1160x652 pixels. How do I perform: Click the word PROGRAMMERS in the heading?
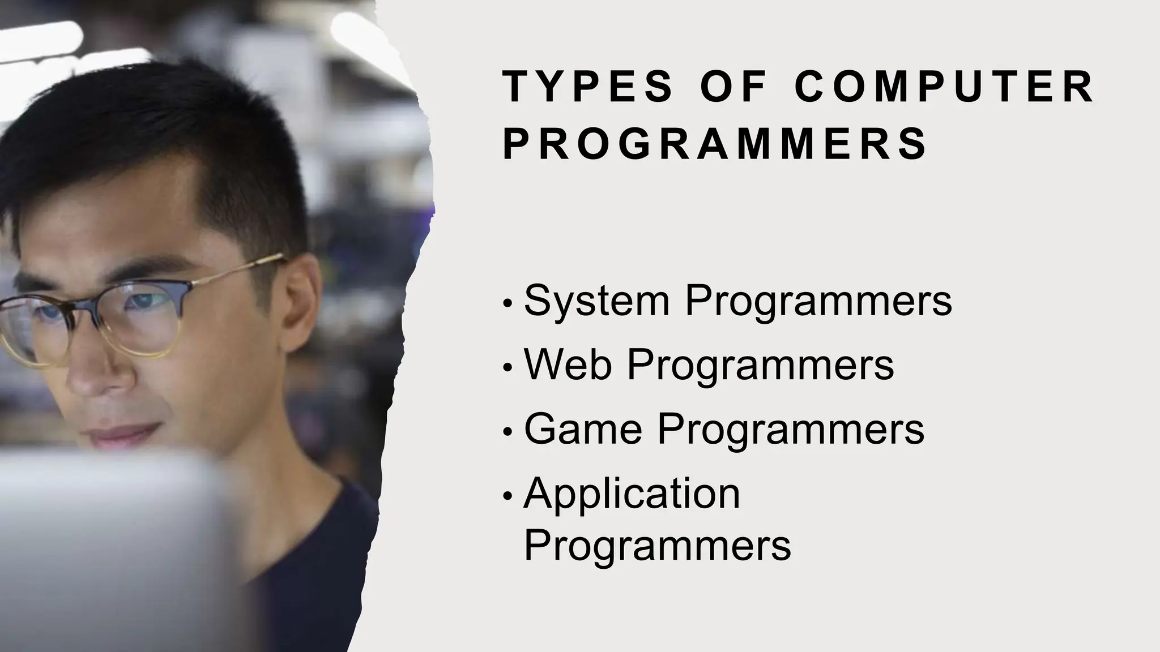[x=715, y=144]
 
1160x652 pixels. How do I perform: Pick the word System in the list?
[x=596, y=301]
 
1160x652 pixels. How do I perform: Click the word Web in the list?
[x=568, y=364]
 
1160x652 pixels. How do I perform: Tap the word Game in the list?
[x=583, y=428]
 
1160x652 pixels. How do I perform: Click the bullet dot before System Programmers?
[x=507, y=304]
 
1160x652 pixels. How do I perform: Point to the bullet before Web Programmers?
[x=507, y=368]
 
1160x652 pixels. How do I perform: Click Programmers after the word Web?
[x=760, y=365]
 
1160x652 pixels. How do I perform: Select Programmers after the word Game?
[x=791, y=430]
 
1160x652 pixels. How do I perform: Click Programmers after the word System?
[x=818, y=301]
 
